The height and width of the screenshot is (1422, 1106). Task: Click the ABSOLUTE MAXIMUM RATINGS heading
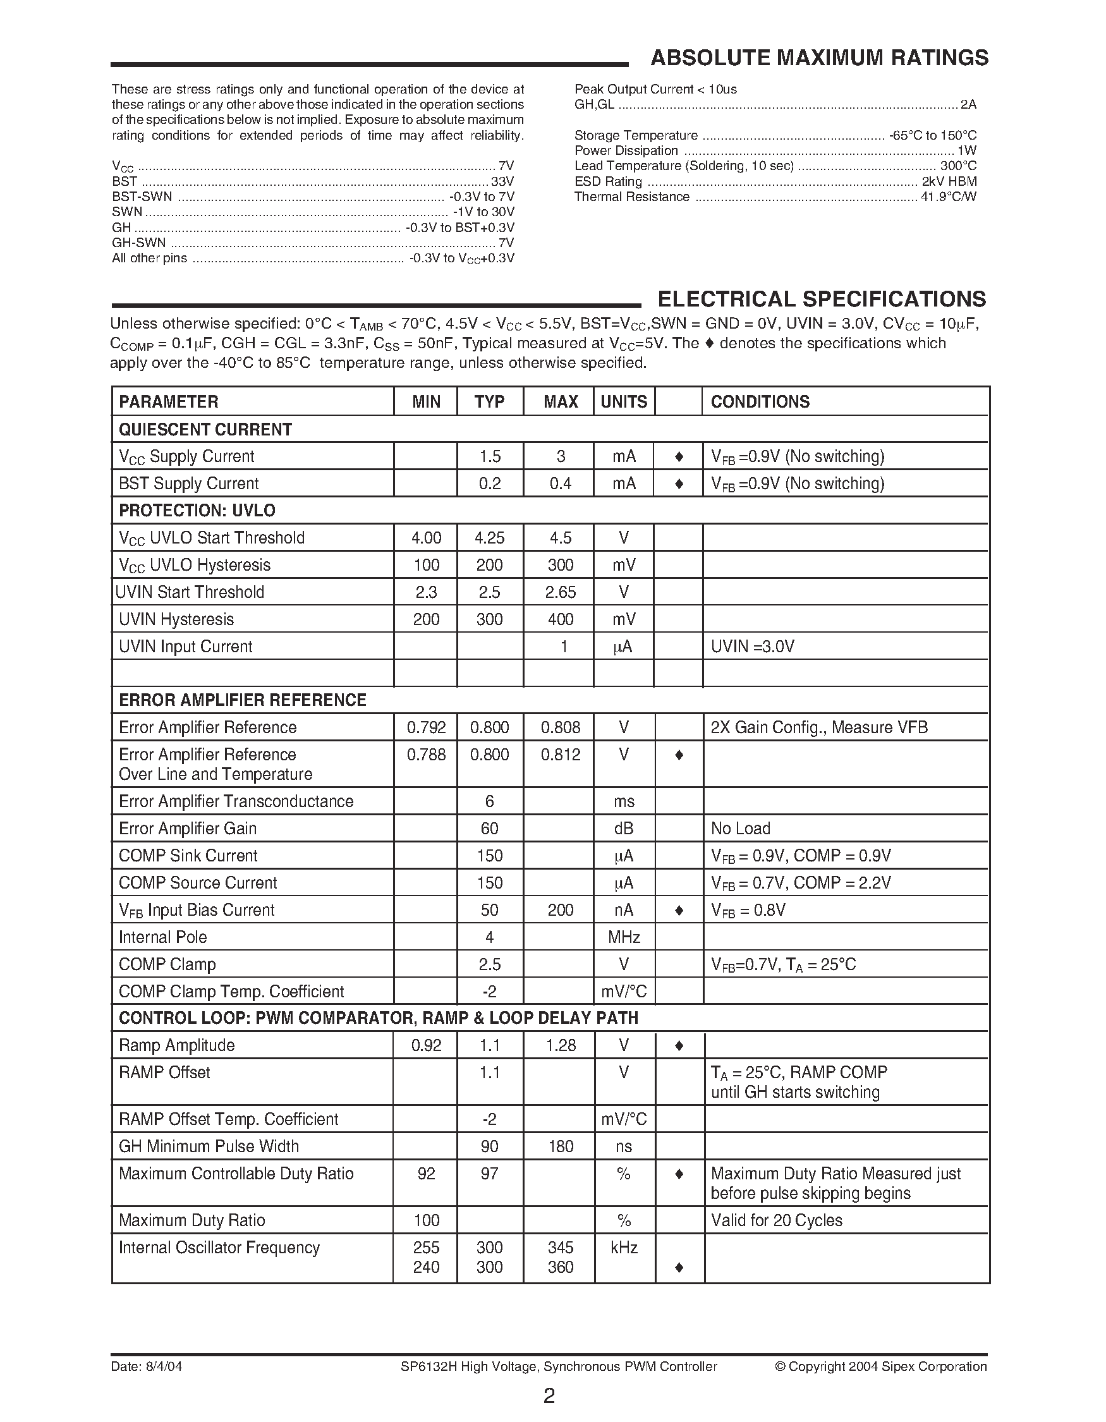[x=819, y=58]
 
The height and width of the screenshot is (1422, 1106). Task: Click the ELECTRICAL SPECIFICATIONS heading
[x=822, y=299]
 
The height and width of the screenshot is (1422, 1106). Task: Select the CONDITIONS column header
[x=760, y=402]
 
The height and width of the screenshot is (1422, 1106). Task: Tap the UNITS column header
[x=624, y=402]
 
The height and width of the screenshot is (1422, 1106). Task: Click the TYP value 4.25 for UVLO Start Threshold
[x=490, y=538]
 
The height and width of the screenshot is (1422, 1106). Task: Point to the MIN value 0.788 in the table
[x=427, y=755]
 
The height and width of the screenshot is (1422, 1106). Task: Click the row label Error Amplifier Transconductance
[x=236, y=801]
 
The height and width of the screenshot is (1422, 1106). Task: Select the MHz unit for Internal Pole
[x=624, y=937]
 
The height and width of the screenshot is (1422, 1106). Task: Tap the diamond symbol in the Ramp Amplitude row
[x=678, y=1046]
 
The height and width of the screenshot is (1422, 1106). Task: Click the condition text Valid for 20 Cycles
[x=776, y=1220]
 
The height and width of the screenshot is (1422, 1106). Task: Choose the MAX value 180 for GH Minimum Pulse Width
[x=560, y=1146]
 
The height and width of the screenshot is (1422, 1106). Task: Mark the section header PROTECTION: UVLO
[x=197, y=511]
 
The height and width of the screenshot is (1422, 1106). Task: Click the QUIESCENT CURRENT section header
[x=205, y=430]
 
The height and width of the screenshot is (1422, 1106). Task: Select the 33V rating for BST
[x=502, y=181]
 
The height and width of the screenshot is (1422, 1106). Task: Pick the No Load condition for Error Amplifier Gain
[x=740, y=829]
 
